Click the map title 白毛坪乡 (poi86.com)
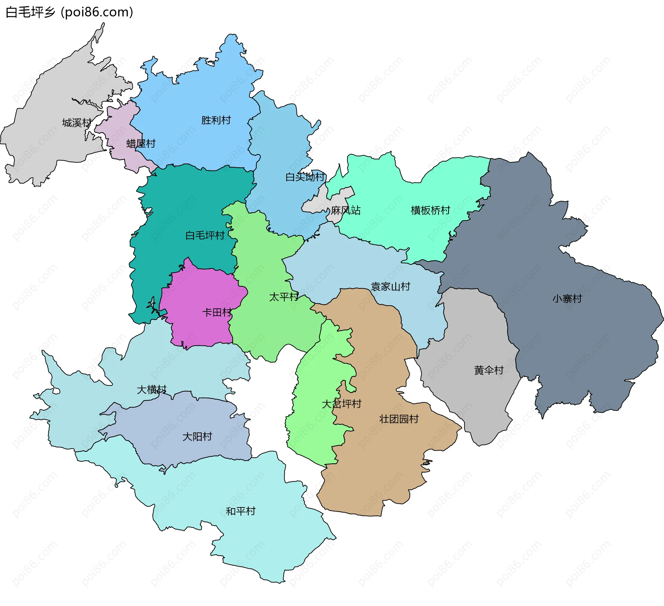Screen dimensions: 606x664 [69, 12]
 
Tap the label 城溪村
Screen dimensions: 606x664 [77, 123]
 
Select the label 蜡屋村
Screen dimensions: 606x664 [141, 143]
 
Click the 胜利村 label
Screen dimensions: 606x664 [216, 120]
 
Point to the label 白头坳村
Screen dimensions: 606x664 [305, 177]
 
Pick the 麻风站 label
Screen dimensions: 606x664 [345, 210]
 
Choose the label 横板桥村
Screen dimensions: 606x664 [431, 210]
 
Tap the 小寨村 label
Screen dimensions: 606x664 [567, 299]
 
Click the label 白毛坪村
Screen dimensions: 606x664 [205, 235]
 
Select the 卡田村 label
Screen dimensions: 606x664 [217, 313]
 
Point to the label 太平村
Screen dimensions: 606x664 [284, 297]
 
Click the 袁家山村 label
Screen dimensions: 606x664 [390, 287]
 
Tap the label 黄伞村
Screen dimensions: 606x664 [489, 371]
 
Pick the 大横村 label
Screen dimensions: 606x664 [151, 390]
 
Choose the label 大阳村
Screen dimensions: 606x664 [197, 437]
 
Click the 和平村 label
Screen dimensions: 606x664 [241, 511]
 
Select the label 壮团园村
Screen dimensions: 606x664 [399, 419]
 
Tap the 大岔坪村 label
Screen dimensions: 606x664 [342, 404]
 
